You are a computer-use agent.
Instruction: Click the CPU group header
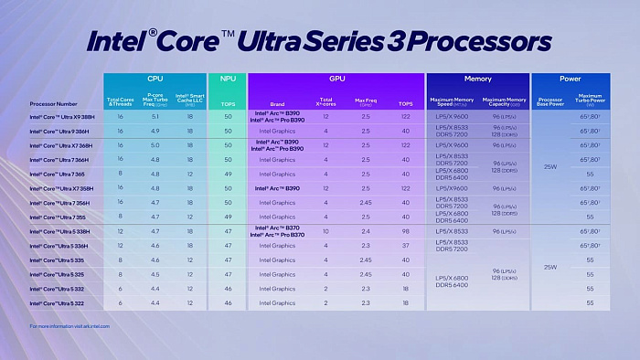155,79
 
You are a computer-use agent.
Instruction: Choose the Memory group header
476,79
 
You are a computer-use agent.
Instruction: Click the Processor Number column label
54,102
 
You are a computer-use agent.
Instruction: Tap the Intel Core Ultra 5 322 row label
57,302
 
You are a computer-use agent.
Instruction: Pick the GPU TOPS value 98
405,232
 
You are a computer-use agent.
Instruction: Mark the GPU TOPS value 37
405,246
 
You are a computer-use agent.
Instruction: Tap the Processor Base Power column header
549,101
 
